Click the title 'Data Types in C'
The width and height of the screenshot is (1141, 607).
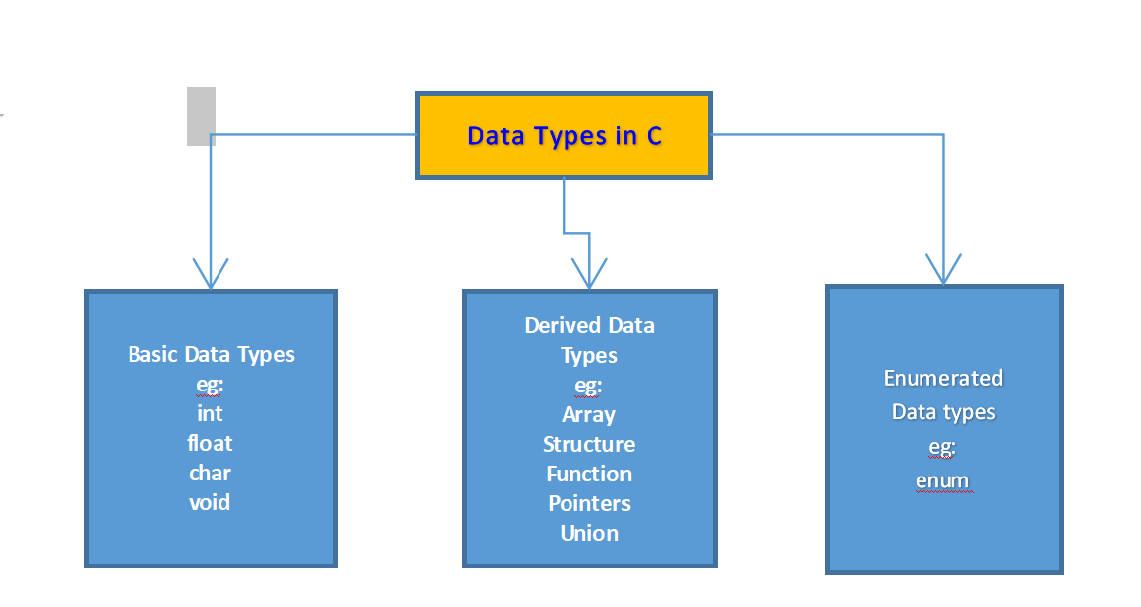[x=564, y=135]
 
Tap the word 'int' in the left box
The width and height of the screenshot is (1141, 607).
[x=210, y=413]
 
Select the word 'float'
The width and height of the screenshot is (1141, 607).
[x=210, y=443]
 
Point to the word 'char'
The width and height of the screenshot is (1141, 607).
[x=210, y=473]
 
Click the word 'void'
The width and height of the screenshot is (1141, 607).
[x=210, y=502]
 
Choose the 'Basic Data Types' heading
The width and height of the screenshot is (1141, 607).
[x=211, y=354]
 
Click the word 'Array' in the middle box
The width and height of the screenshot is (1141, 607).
[x=588, y=414]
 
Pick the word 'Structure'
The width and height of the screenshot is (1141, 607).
[x=588, y=444]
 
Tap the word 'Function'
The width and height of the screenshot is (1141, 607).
[x=588, y=474]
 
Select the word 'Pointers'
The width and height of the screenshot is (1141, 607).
[x=588, y=503]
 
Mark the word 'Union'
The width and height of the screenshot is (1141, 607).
[x=588, y=533]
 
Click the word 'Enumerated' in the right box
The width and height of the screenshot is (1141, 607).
[x=942, y=378]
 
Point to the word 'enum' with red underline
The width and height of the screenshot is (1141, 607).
[x=942, y=481]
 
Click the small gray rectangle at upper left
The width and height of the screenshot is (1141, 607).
[x=201, y=116]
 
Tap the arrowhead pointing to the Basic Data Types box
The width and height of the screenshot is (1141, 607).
[x=211, y=274]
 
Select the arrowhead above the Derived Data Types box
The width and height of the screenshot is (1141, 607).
[x=589, y=274]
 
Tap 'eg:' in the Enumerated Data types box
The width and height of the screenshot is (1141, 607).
[x=942, y=447]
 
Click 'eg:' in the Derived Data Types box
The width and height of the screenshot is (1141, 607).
[x=588, y=385]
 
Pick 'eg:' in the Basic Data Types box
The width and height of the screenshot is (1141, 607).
[x=210, y=384]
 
